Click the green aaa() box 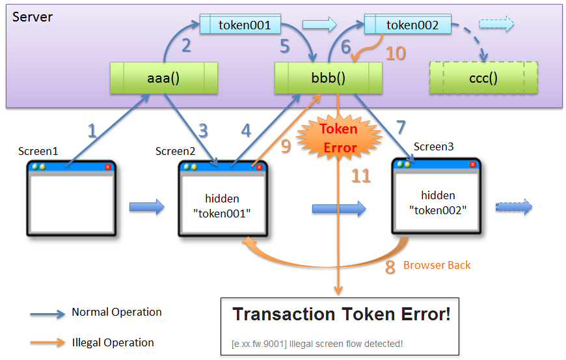tap(163, 78)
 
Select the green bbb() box tap(328, 78)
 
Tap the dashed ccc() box tap(483, 78)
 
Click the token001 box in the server tap(240, 25)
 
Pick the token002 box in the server tap(408, 25)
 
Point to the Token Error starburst tap(338, 138)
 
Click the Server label tap(33, 16)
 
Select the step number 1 tap(92, 130)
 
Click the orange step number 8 tap(390, 267)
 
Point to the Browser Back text tap(437, 265)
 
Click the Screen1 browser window tap(71, 199)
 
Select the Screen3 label tap(434, 147)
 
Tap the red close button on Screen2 tap(259, 167)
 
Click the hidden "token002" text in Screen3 tap(437, 202)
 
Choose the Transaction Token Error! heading tap(342, 314)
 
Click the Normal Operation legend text tap(116, 312)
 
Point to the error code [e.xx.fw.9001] tap(259, 343)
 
